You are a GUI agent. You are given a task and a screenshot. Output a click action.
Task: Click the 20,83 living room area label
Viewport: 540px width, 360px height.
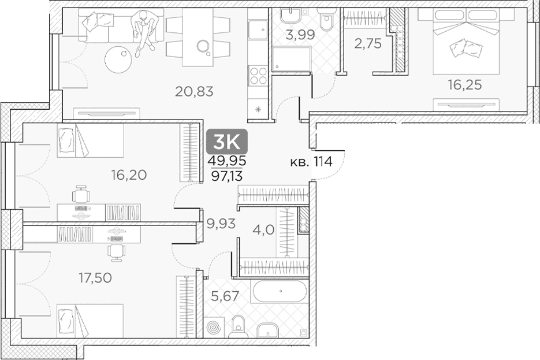click(194, 92)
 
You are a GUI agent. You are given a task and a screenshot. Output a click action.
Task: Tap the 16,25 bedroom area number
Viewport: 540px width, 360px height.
click(464, 85)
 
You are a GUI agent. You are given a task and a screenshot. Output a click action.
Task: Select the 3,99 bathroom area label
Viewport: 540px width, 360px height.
click(301, 35)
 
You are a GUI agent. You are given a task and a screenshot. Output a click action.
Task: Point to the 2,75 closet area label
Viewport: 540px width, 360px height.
click(368, 44)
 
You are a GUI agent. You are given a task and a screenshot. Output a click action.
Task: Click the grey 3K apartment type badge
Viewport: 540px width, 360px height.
click(227, 141)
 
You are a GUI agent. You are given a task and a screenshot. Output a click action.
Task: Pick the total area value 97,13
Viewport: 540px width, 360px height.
click(227, 176)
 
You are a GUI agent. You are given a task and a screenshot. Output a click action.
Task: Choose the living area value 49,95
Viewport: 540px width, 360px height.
click(227, 161)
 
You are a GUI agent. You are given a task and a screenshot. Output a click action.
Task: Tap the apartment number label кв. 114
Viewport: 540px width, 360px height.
click(311, 161)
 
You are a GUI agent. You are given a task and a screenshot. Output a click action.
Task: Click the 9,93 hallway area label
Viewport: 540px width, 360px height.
click(221, 224)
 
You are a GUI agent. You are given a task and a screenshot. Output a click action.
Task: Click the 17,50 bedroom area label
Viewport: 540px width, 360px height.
click(95, 278)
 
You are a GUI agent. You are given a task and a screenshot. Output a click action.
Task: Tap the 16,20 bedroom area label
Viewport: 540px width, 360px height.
click(129, 175)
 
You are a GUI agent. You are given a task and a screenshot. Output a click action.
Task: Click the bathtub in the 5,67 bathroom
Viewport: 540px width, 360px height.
click(280, 291)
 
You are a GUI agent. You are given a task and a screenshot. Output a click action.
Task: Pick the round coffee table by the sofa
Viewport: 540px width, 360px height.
click(118, 60)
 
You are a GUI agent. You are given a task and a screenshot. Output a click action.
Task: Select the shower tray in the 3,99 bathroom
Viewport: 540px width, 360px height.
click(292, 60)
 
